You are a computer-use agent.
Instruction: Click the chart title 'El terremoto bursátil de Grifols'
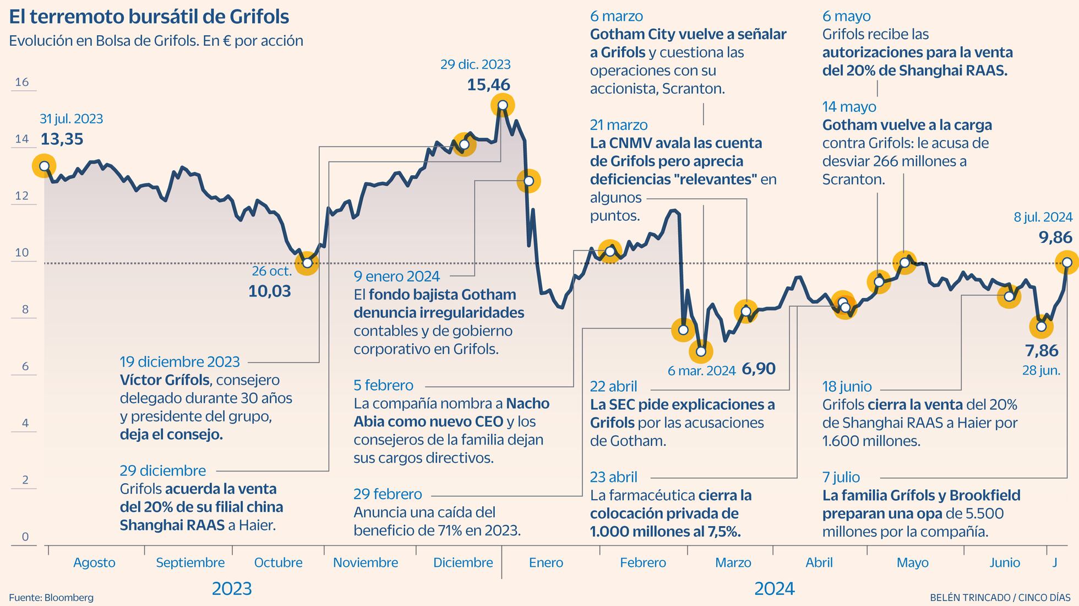[149, 17]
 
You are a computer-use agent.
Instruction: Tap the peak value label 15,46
[488, 85]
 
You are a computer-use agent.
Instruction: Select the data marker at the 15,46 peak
[502, 105]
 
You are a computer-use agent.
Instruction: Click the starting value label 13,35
[62, 139]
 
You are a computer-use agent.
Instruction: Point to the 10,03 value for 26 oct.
[269, 291]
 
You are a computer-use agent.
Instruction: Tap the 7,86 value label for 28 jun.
[1042, 350]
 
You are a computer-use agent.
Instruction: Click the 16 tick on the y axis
[22, 83]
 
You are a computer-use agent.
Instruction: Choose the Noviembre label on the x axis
[366, 562]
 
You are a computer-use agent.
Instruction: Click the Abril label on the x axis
[819, 562]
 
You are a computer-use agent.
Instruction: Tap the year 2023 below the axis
[232, 589]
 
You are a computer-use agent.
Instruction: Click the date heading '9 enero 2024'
[396, 276]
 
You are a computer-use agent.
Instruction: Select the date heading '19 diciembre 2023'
[180, 362]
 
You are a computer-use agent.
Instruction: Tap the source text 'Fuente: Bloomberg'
[51, 598]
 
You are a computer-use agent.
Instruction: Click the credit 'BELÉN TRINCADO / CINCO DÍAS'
[1000, 598]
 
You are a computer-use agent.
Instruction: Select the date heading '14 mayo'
[849, 107]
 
